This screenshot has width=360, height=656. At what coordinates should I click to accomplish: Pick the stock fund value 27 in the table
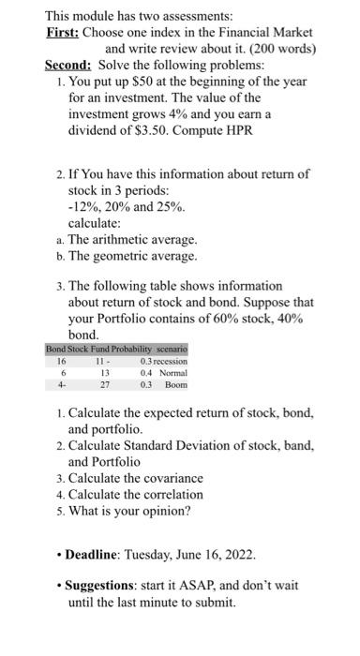pos(104,384)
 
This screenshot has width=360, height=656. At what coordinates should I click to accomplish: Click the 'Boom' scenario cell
pos(176,384)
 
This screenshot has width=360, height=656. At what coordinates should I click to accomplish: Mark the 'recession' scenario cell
pos(172,360)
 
